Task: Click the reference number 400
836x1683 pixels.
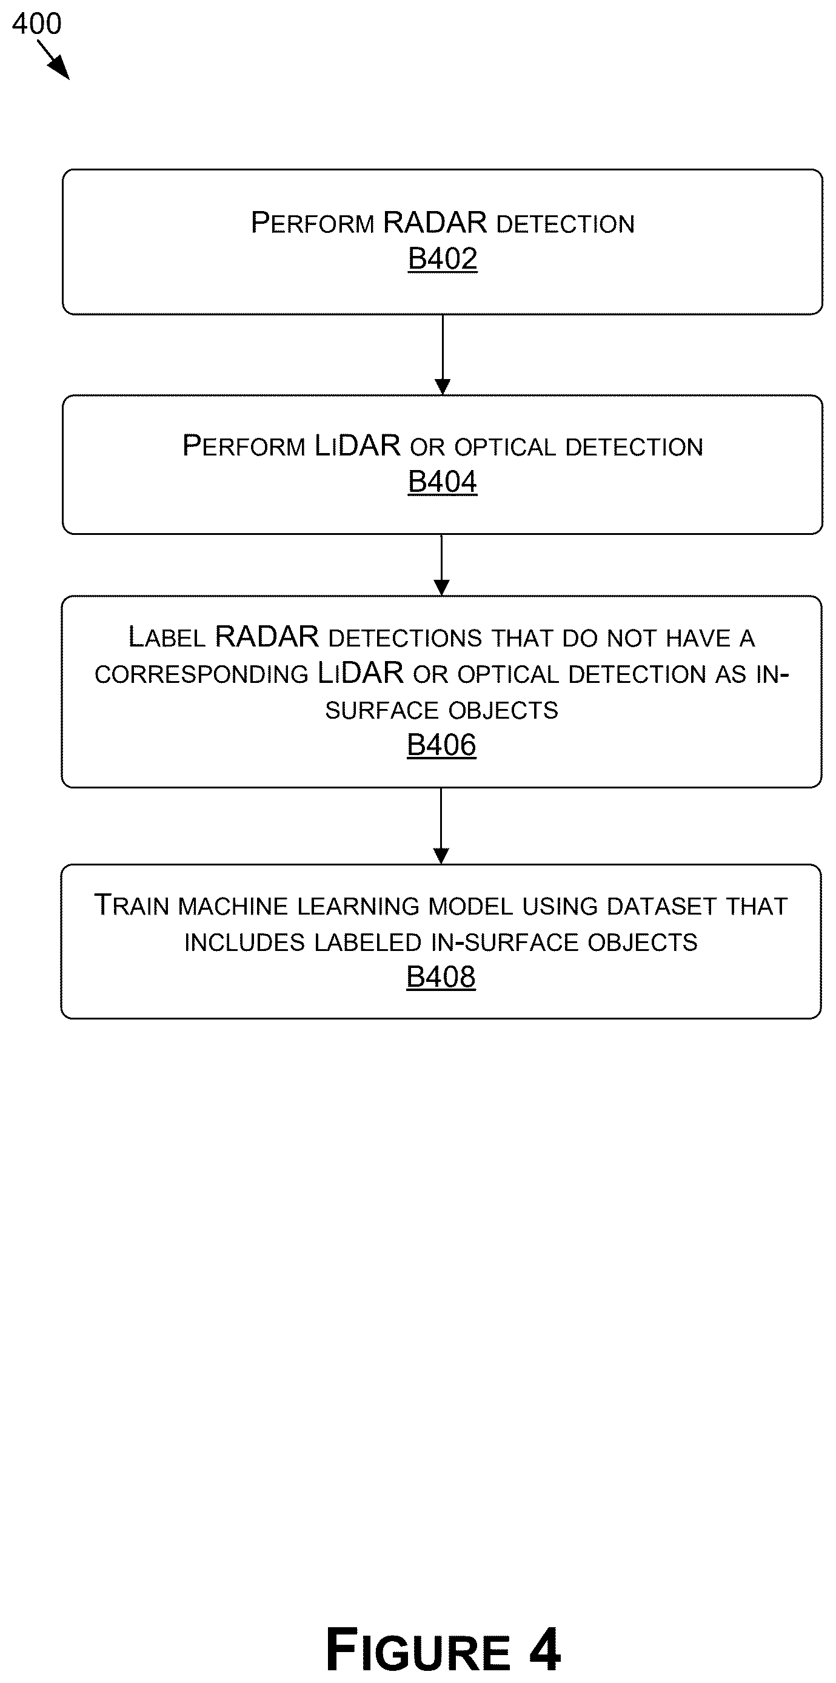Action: (x=36, y=24)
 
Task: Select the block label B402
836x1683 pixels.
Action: (x=443, y=259)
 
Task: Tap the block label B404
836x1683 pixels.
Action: (x=443, y=482)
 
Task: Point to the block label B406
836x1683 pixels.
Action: (x=441, y=745)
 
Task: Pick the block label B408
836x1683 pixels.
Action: (x=441, y=978)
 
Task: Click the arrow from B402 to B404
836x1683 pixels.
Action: (x=443, y=355)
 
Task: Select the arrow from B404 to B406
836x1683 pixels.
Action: (x=441, y=565)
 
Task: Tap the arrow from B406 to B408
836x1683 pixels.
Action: (x=441, y=826)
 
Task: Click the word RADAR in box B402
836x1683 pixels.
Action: (x=435, y=223)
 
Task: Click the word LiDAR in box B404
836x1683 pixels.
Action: (x=357, y=446)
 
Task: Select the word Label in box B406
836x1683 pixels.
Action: (x=167, y=637)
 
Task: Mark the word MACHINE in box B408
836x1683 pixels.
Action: (x=233, y=907)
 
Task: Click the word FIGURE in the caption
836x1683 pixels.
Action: (x=418, y=1650)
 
